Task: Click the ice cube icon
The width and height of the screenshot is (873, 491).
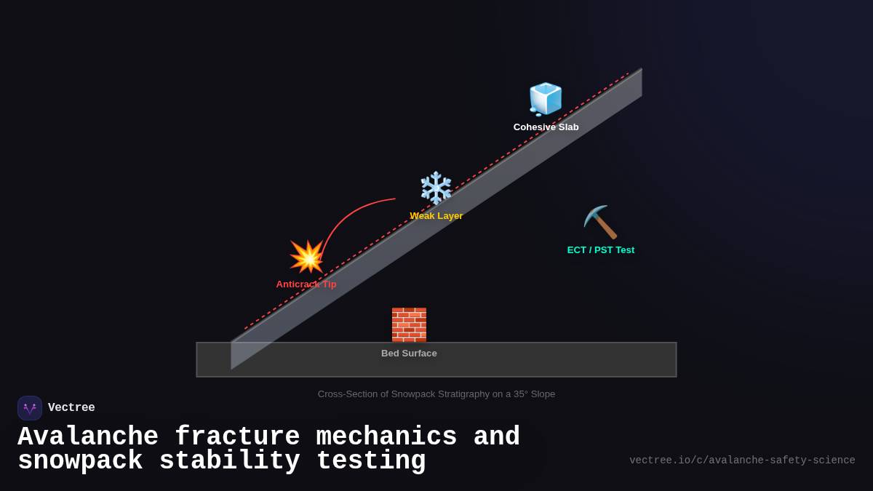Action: [x=546, y=99]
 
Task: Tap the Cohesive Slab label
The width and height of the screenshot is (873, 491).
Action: [x=546, y=127]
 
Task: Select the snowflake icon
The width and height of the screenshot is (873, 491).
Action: [x=436, y=188]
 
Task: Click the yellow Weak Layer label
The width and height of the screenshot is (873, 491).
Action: [x=436, y=216]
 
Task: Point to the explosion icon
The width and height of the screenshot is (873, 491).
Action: [x=307, y=257]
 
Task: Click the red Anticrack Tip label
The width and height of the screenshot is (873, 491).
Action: [x=306, y=284]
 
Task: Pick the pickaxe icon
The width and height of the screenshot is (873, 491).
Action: [x=600, y=222]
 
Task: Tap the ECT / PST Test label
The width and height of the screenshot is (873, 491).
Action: [x=600, y=250]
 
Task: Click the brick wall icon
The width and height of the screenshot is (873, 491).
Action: [x=409, y=324]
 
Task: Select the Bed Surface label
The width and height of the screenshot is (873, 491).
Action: [x=409, y=354]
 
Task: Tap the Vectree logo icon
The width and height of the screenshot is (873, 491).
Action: [x=30, y=408]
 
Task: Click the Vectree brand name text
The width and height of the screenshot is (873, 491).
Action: [x=71, y=408]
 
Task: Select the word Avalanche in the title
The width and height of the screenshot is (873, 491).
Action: [x=87, y=437]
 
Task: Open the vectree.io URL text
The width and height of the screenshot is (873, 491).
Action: [x=742, y=460]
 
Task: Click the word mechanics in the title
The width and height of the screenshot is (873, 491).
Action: [x=386, y=437]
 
